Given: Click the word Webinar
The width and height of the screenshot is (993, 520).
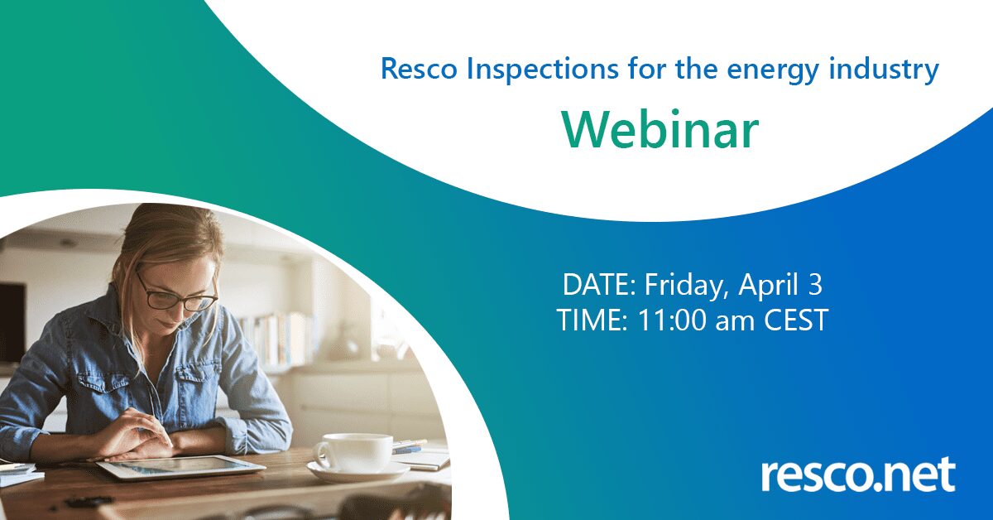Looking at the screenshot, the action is pyautogui.click(x=660, y=129).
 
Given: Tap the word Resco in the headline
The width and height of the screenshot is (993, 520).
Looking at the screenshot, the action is pyautogui.click(x=419, y=70).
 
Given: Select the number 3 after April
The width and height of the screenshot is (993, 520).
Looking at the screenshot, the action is pyautogui.click(x=815, y=285).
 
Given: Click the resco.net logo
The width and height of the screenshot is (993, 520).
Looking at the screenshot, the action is pyautogui.click(x=858, y=474).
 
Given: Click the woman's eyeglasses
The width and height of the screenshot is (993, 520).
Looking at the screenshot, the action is pyautogui.click(x=176, y=293).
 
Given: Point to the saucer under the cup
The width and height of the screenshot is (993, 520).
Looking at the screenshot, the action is pyautogui.click(x=358, y=472).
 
